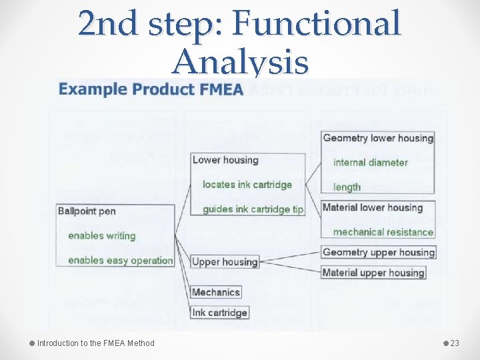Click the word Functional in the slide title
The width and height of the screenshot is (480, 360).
[x=318, y=23]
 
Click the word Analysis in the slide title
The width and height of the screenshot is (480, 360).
[x=240, y=63]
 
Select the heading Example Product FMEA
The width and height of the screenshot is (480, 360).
[x=151, y=89]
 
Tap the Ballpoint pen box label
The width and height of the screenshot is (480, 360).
[x=87, y=211]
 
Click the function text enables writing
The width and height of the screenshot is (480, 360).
[x=101, y=236]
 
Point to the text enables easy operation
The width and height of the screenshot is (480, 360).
[x=120, y=260]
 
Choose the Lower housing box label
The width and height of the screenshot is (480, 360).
[x=225, y=160]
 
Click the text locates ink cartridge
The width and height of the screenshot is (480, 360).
[x=247, y=185]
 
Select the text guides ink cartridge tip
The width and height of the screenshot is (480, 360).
[x=253, y=209]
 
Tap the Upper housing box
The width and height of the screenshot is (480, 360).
[x=225, y=262]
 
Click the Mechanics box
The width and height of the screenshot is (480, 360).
[x=215, y=292]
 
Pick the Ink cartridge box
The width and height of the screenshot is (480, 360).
[x=219, y=313]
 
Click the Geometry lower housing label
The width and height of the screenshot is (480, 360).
[x=378, y=138]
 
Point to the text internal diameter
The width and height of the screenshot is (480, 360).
[x=370, y=162]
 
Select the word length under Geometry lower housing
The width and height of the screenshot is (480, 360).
[x=347, y=187]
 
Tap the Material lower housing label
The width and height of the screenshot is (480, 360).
[x=373, y=207]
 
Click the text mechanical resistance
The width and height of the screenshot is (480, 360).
[x=383, y=232]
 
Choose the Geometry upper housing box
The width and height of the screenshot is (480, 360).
[x=378, y=252]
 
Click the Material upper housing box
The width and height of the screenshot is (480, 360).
[x=373, y=272]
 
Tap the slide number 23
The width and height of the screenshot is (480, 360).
[x=455, y=343]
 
